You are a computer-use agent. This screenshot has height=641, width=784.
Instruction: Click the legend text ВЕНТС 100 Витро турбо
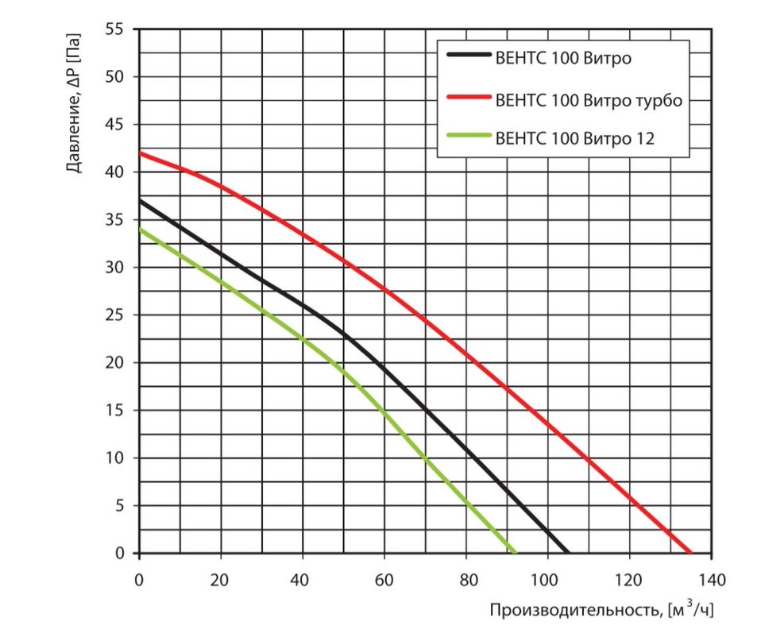(589, 101)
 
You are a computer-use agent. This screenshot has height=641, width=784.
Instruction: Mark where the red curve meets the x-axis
(689, 553)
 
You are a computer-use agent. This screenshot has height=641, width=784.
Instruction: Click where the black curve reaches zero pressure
(567, 553)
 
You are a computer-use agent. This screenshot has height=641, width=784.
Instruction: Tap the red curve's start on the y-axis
(140, 153)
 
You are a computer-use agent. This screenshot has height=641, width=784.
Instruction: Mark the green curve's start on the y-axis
(140, 230)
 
